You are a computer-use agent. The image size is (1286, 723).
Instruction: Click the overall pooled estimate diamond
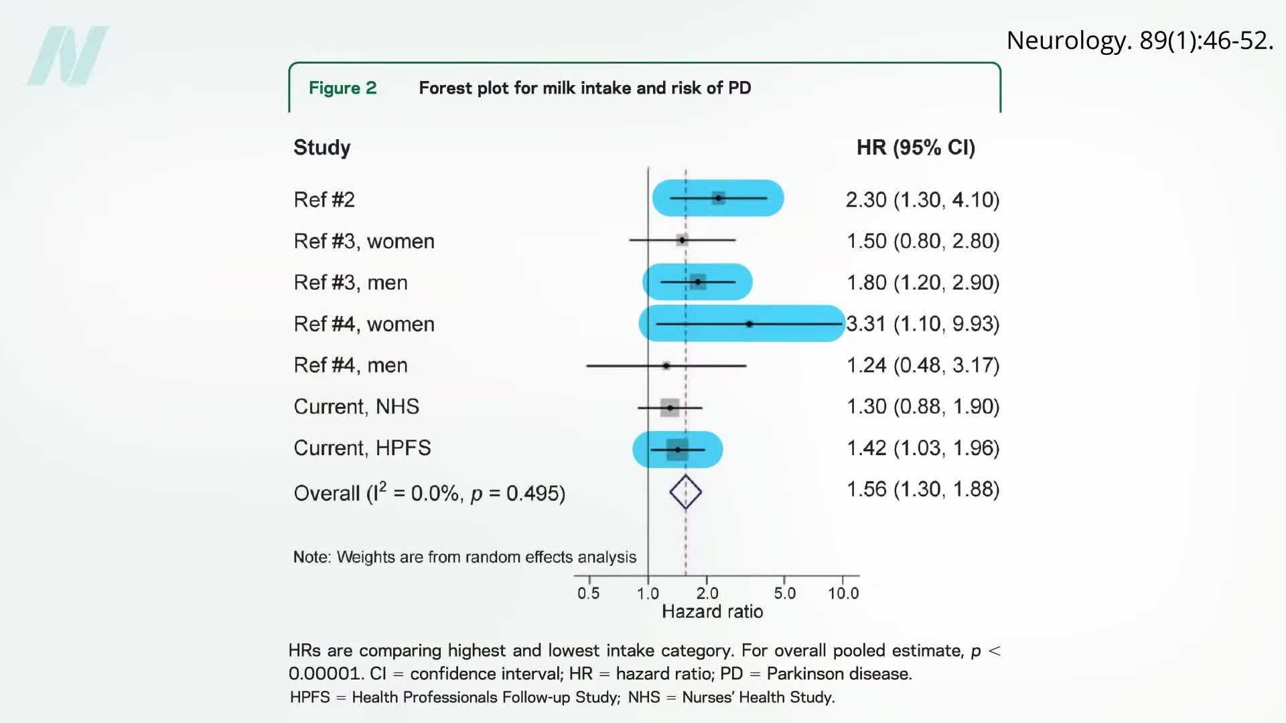tap(685, 492)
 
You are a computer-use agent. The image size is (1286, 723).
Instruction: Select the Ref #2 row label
tap(324, 199)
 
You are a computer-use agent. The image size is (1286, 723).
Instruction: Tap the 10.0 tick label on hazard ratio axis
tap(843, 593)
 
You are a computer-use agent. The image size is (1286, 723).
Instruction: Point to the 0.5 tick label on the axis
tap(588, 593)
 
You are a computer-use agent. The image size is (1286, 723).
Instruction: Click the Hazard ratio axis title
tap(712, 611)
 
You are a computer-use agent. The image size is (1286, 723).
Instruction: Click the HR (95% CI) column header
tap(916, 147)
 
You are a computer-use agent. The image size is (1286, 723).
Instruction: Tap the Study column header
tap(321, 147)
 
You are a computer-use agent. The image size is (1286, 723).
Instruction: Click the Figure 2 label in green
tap(342, 88)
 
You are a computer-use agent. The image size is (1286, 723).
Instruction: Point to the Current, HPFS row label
tap(362, 448)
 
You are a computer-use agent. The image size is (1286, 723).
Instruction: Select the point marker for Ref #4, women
tap(749, 324)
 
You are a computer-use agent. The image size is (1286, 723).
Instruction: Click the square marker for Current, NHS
tap(670, 407)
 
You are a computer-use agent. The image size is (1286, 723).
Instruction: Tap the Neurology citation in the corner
tap(1139, 40)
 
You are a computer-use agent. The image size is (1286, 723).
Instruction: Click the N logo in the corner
tap(68, 56)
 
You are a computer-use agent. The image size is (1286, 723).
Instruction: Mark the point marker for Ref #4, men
tap(666, 366)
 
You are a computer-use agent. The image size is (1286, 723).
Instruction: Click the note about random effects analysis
tap(464, 557)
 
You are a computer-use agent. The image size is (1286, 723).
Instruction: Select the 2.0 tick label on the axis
tap(707, 593)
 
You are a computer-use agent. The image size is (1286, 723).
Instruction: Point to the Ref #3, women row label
tap(364, 241)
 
